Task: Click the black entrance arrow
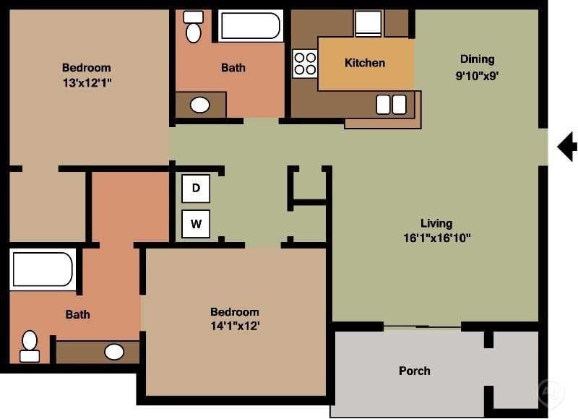tap(568, 147)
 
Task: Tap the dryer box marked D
tap(196, 189)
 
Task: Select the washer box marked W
tap(196, 224)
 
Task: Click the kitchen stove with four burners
tap(305, 64)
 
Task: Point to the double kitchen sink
tap(391, 105)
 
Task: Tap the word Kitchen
tap(365, 63)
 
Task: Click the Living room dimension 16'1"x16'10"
tap(436, 238)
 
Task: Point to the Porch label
tap(415, 371)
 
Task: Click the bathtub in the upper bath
tap(251, 27)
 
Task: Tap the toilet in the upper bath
tap(193, 27)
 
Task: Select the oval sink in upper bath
tap(200, 105)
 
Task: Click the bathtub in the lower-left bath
tap(43, 269)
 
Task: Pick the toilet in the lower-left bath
tap(30, 345)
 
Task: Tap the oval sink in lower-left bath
tap(113, 353)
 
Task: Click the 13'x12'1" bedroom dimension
tap(87, 82)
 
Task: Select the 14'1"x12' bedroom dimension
tap(235, 326)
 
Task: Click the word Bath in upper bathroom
tap(233, 68)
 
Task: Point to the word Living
tap(436, 223)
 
